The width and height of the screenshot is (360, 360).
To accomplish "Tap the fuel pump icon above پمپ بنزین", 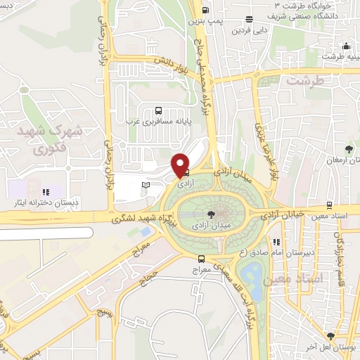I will [205, 10].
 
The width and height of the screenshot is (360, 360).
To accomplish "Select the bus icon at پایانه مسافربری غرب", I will [159, 110].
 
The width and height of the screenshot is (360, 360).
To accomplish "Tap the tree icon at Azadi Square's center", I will [211, 214].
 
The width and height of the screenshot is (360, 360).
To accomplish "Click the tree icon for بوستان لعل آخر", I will [330, 336].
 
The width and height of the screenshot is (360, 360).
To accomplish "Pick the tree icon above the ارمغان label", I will [349, 148].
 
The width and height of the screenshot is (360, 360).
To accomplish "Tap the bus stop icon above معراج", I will [202, 259].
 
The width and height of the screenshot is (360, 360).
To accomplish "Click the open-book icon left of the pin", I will [146, 184].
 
